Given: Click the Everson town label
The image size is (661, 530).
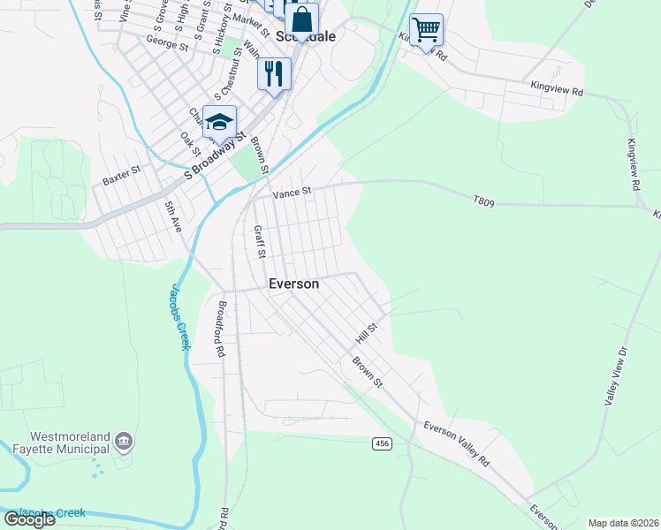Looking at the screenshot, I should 293,284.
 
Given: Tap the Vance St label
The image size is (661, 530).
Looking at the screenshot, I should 293,192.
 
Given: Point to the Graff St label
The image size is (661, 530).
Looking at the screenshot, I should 260,241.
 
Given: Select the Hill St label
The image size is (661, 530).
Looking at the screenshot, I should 367,333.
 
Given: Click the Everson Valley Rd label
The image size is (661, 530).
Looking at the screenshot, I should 456,444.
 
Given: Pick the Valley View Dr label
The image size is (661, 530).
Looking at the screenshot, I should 615,376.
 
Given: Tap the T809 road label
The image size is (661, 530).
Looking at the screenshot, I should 484,202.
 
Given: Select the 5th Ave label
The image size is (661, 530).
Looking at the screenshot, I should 172,216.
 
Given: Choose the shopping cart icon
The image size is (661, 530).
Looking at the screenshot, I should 426,29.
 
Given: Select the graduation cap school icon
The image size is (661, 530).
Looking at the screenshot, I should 219,121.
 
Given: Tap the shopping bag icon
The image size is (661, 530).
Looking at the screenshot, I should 301,19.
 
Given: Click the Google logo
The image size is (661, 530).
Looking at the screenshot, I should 29,519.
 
